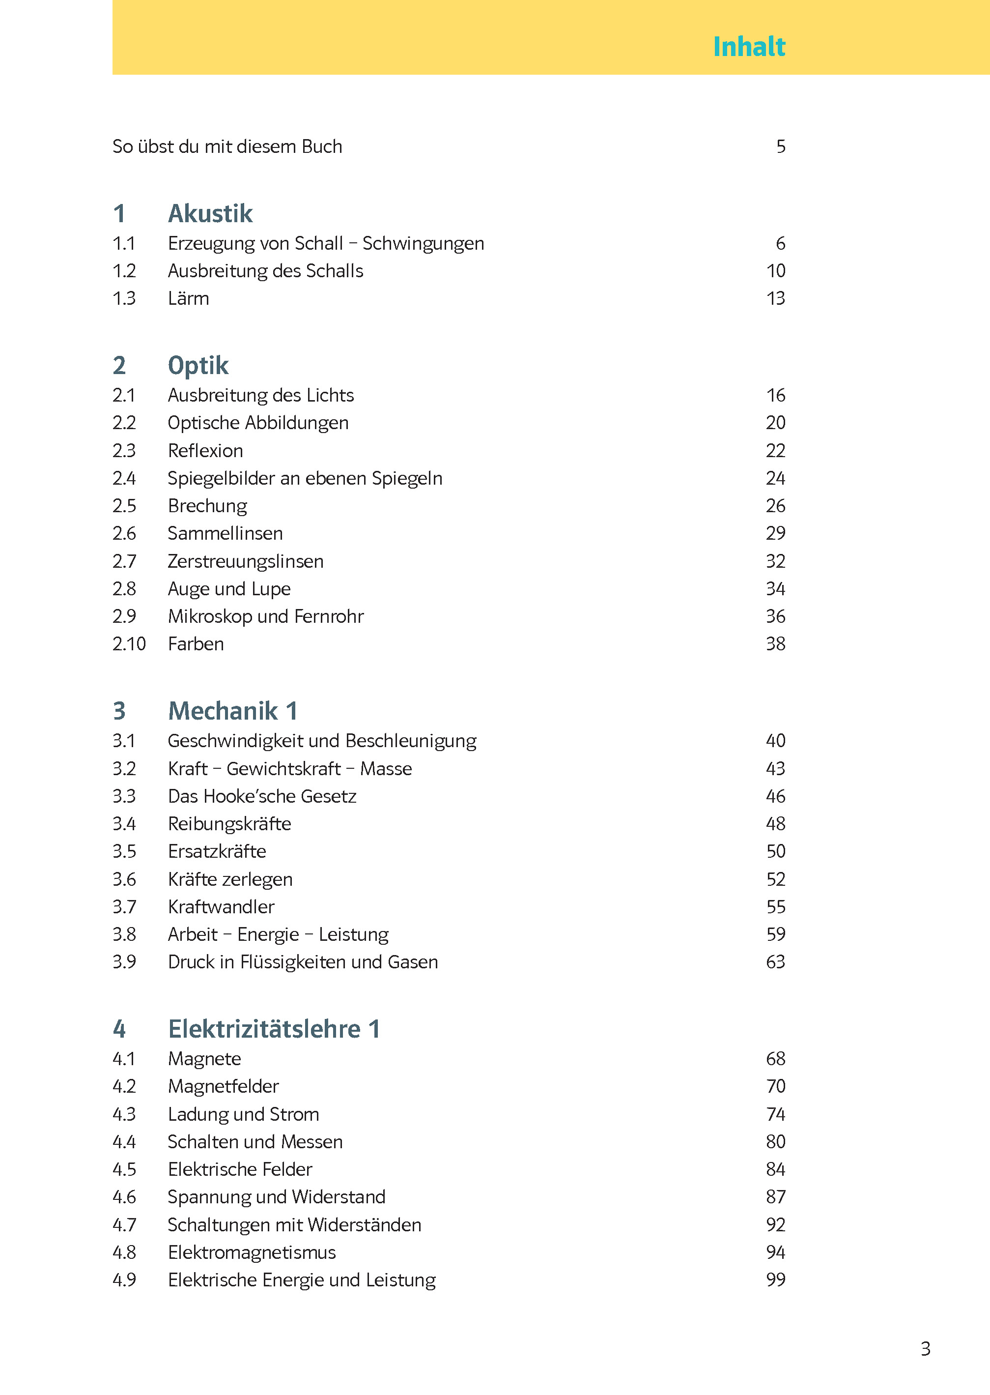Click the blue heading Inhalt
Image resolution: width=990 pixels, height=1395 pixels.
[x=749, y=47]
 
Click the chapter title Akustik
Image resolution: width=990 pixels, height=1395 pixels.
[x=210, y=214]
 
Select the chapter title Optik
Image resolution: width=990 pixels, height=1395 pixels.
[x=198, y=366]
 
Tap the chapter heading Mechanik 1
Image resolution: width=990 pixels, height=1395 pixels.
[x=232, y=711]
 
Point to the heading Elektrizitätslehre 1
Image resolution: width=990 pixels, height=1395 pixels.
[x=274, y=1029]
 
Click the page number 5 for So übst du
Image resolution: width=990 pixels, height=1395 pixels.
[x=780, y=147]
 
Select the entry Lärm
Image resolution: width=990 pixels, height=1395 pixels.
[x=188, y=299]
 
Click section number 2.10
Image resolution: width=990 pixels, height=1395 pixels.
[x=129, y=644]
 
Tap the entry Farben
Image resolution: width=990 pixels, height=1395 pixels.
[x=196, y=644]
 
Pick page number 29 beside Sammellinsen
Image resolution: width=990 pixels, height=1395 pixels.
[x=775, y=533]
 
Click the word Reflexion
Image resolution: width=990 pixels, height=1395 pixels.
[x=205, y=451]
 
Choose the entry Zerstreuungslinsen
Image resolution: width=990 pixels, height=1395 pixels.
[x=246, y=561]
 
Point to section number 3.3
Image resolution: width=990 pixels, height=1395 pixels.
[x=124, y=796]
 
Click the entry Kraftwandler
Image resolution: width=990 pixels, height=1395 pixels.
[x=221, y=907]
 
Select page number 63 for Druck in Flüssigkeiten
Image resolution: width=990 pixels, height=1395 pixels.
[x=775, y=962]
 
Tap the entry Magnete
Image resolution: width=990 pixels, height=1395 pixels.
[x=204, y=1059]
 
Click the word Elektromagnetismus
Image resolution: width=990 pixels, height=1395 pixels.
[x=252, y=1252]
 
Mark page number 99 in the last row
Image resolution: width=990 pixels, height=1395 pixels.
[x=775, y=1280]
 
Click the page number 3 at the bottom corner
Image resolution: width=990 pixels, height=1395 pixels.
[x=925, y=1349]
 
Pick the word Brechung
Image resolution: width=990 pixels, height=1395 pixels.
[x=207, y=506]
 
